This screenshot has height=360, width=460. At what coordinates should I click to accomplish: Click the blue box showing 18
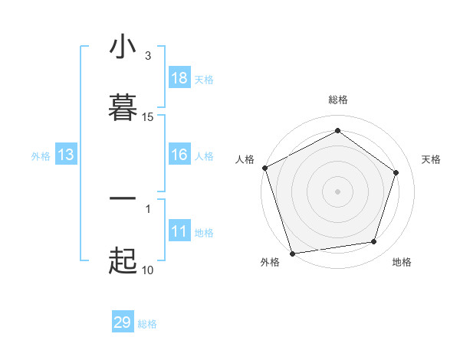(x=179, y=78)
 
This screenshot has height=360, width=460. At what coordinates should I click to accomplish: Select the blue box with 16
(x=179, y=155)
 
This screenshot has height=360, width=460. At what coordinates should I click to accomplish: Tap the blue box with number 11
(x=179, y=231)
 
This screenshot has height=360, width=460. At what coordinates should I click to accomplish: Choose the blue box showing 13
(x=66, y=155)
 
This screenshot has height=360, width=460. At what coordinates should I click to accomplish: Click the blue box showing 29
(x=123, y=322)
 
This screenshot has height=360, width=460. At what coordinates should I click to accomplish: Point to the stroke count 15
(x=148, y=117)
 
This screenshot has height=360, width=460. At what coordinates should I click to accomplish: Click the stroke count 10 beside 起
(x=148, y=270)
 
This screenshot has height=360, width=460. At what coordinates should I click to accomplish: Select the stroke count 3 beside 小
(x=148, y=56)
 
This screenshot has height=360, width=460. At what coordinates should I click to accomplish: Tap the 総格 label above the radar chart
(x=337, y=100)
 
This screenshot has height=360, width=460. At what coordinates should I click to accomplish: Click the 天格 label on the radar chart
(x=432, y=159)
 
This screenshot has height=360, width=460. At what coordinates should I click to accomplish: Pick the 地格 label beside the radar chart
(x=402, y=262)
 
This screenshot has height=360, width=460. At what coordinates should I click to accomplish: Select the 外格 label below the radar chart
(x=270, y=262)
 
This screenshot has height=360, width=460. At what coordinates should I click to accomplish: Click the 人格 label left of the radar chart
(x=245, y=159)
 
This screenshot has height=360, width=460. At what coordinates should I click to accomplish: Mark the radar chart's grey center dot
(x=337, y=191)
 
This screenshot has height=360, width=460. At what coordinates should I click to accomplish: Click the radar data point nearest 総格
(x=337, y=131)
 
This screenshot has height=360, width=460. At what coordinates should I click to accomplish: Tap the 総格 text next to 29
(x=147, y=324)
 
